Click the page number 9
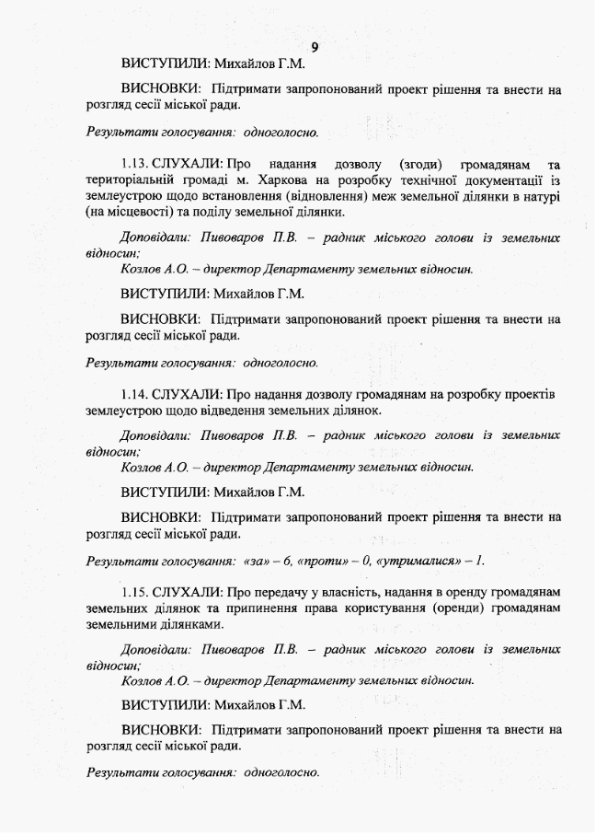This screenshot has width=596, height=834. (314, 47)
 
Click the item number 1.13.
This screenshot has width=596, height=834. (136, 163)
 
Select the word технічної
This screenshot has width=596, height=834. (411, 180)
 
